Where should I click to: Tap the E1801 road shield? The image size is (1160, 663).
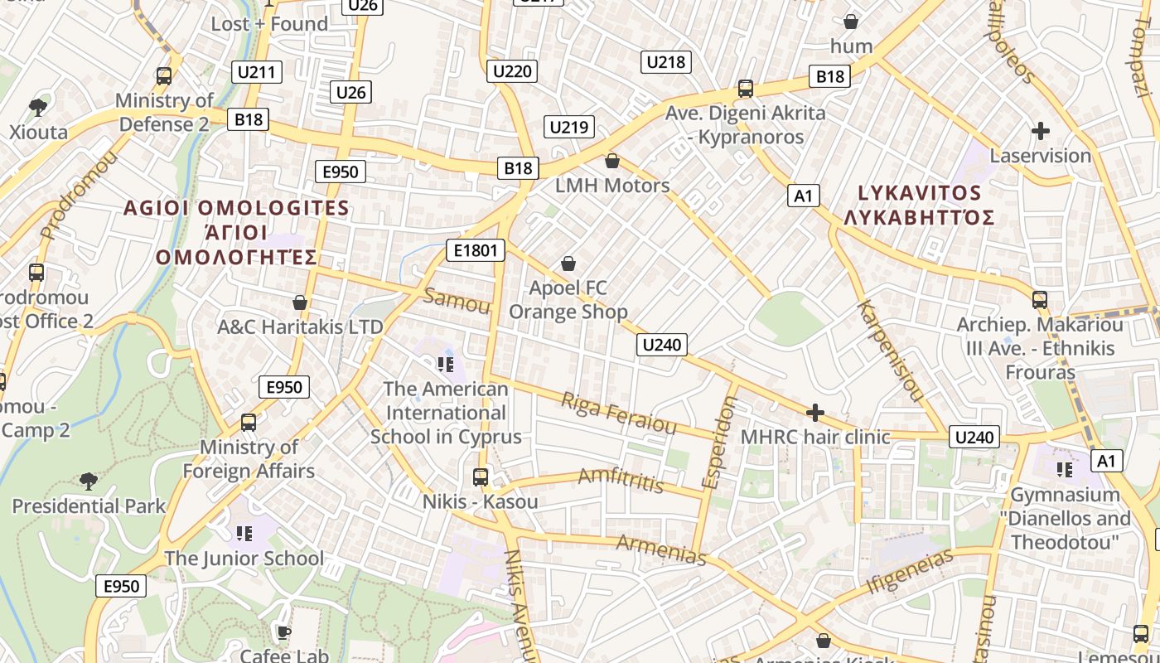click(x=475, y=250)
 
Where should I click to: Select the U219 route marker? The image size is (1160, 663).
click(x=569, y=127)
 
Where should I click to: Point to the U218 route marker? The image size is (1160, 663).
click(x=665, y=61)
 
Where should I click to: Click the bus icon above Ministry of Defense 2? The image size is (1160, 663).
click(x=164, y=76)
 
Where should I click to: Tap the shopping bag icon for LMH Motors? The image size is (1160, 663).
click(x=612, y=161)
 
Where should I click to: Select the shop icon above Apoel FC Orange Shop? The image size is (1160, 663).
click(x=568, y=264)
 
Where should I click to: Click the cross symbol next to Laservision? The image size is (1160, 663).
click(x=1041, y=131)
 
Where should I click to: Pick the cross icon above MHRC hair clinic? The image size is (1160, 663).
click(x=815, y=413)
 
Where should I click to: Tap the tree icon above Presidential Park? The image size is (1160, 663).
click(x=88, y=482)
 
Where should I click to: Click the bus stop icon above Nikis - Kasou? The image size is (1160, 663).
click(x=480, y=477)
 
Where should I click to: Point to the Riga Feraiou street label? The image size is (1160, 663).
click(x=619, y=413)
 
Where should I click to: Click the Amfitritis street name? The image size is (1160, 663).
click(x=621, y=480)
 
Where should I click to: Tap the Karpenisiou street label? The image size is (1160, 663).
click(x=890, y=351)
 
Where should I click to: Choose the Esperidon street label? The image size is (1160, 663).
click(x=718, y=442)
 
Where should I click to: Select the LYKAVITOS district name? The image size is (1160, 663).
click(x=919, y=193)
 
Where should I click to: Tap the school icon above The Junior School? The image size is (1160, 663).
click(x=244, y=533)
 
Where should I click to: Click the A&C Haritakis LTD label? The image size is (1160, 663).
click(x=300, y=327)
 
